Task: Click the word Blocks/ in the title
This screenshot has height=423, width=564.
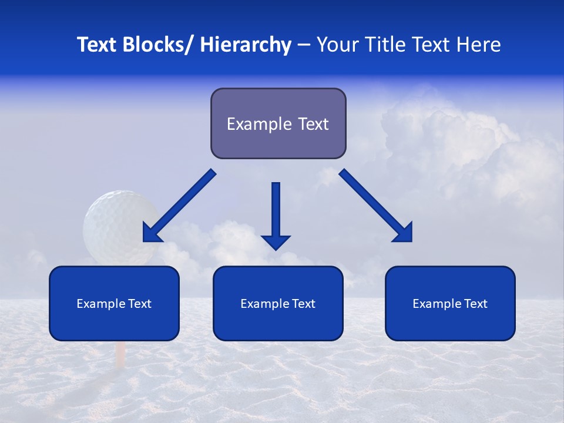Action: (x=157, y=45)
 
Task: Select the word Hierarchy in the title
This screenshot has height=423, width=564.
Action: (x=246, y=45)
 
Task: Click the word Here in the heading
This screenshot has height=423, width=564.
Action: (x=479, y=45)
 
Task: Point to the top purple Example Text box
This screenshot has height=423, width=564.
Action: (x=278, y=123)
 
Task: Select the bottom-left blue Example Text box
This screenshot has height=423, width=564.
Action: (x=114, y=303)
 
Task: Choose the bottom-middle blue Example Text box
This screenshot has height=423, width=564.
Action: (x=278, y=303)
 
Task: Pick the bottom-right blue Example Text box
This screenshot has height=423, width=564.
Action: (x=450, y=303)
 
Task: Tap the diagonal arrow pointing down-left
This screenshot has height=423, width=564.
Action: (x=179, y=206)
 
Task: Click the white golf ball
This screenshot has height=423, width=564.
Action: (x=117, y=223)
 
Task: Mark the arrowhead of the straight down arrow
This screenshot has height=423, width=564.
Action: (x=276, y=241)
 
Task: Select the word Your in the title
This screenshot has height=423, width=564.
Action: (x=335, y=45)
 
